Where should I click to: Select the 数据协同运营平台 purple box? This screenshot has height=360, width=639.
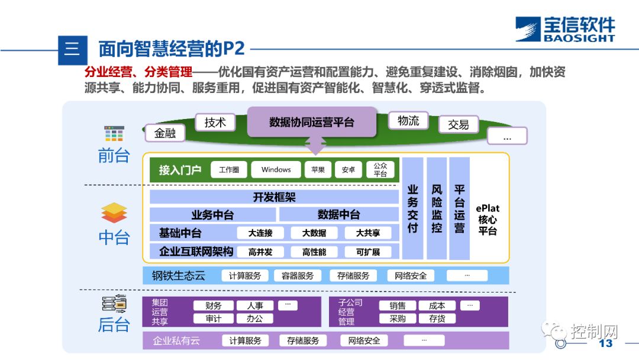coord(311,122)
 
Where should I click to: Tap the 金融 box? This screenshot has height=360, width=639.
coord(165,133)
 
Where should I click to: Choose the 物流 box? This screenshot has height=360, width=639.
coord(408,121)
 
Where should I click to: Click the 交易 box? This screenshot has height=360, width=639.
coord(458,124)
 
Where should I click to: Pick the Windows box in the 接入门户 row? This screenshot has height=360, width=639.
coord(276,169)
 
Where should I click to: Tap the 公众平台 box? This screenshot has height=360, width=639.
coord(380,170)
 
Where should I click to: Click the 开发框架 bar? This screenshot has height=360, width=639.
coord(274,197)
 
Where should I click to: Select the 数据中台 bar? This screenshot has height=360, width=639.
coord(338,215)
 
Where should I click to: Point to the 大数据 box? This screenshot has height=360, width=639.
coord(314,233)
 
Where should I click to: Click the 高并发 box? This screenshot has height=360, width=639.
coord(260,252)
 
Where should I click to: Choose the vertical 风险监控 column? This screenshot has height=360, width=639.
coord(437,208)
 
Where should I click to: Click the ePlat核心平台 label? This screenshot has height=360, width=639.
coord(488,220)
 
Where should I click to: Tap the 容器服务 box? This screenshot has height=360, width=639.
coord(298,276)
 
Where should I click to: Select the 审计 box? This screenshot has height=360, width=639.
coord(214,319)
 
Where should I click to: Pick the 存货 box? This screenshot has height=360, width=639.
coord(437,319)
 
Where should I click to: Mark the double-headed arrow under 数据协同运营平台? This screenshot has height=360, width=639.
coord(315,144)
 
